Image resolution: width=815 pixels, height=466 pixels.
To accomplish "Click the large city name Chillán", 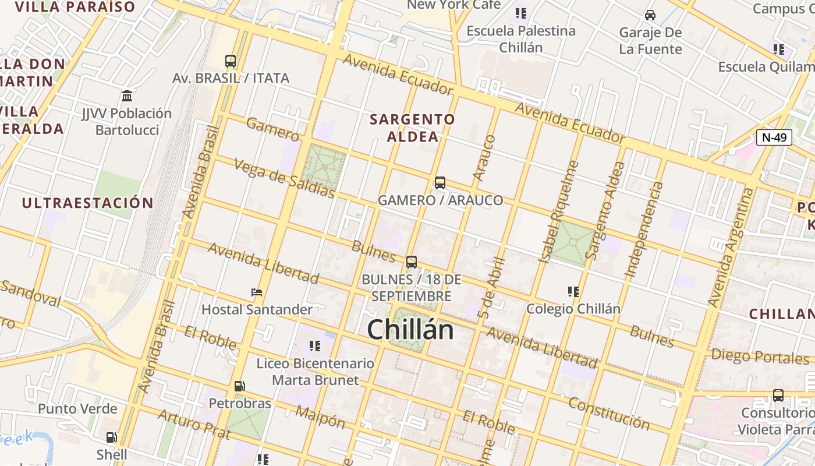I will pyautogui.click(x=410, y=330).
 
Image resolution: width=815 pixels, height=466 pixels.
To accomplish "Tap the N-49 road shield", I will pyautogui.click(x=774, y=137).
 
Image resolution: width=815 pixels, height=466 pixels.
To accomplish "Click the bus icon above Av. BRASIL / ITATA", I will pyautogui.click(x=231, y=61).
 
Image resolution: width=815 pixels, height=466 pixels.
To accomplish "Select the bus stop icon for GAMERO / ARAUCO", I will pyautogui.click(x=440, y=183).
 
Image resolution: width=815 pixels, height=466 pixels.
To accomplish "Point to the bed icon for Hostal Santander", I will pyautogui.click(x=257, y=292).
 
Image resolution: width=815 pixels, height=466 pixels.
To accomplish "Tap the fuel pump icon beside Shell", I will pyautogui.click(x=111, y=437).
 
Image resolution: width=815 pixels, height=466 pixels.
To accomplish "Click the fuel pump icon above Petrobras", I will pyautogui.click(x=239, y=386).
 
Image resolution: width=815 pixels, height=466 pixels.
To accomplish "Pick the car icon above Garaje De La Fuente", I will pyautogui.click(x=650, y=15).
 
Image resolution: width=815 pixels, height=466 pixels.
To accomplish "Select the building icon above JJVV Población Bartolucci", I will pyautogui.click(x=127, y=96).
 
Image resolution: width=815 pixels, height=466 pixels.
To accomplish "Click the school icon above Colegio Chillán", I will pyautogui.click(x=573, y=291).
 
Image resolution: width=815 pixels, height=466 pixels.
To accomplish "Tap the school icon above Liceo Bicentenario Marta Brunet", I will pyautogui.click(x=315, y=346).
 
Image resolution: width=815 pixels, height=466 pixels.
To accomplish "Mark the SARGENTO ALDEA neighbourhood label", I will pyautogui.click(x=413, y=128).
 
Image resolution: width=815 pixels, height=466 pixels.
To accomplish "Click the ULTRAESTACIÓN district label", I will pyautogui.click(x=87, y=203).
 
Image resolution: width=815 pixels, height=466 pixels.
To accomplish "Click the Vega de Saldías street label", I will pyautogui.click(x=285, y=178).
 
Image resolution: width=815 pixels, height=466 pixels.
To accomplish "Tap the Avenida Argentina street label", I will pyautogui.click(x=731, y=248).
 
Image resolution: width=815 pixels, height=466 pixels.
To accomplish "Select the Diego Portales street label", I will pyautogui.click(x=760, y=356).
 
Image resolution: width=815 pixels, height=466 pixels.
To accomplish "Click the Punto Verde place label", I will pyautogui.click(x=77, y=409).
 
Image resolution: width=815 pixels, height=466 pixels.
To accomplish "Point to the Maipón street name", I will pyautogui.click(x=320, y=417).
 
